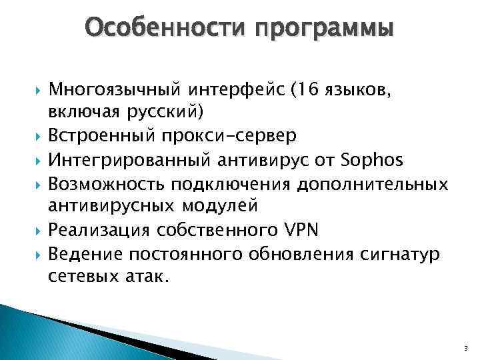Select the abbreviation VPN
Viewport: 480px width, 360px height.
click(298, 230)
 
